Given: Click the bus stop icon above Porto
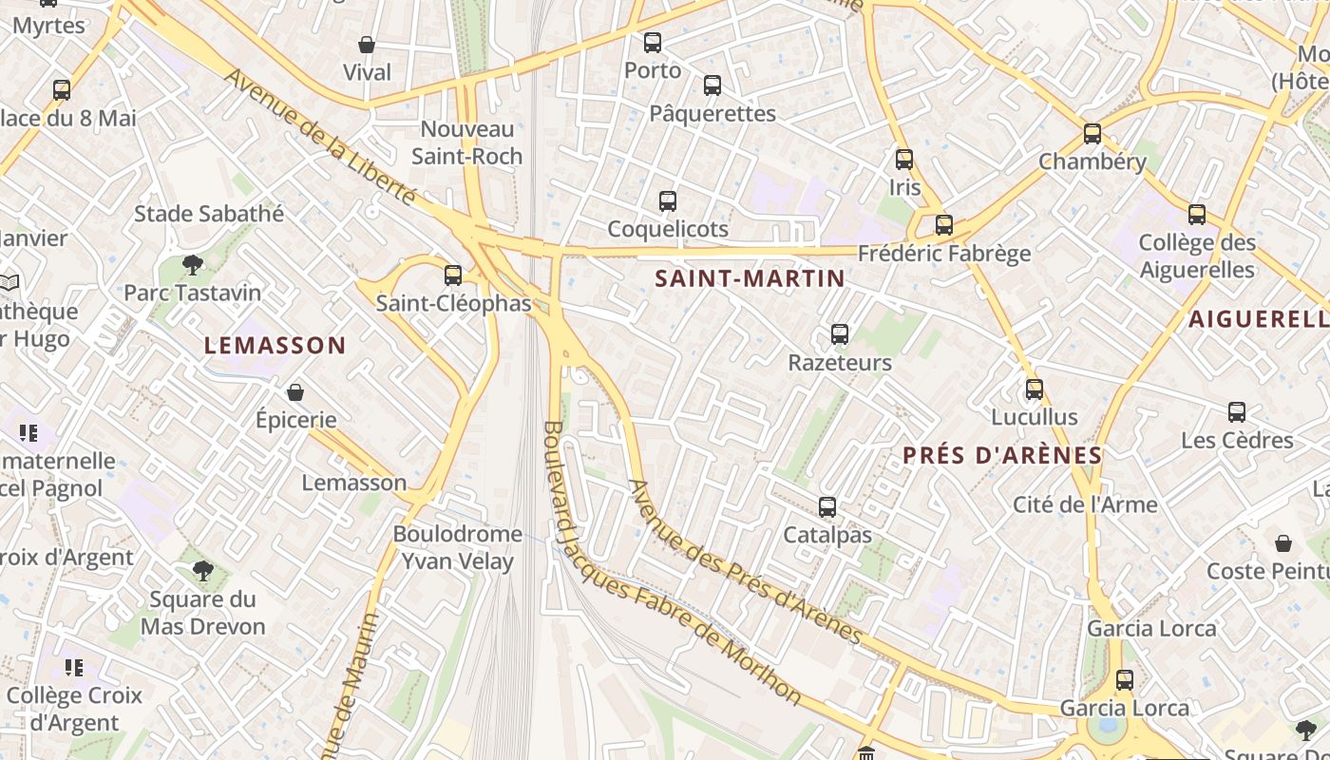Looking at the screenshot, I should point(652,43).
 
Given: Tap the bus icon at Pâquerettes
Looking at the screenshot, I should point(712,85).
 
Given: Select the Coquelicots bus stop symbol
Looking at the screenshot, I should point(668,201).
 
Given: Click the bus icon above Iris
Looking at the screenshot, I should point(904,160).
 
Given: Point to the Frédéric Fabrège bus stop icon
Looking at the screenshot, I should point(943,225).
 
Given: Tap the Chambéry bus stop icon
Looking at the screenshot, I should point(1092,134).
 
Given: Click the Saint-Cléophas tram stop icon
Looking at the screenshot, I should point(453,275).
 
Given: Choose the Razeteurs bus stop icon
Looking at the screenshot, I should point(840,334).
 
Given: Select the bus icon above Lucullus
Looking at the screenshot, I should point(1035,389).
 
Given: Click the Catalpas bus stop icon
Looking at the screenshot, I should point(827,507).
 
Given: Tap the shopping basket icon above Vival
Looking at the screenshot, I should point(367,45).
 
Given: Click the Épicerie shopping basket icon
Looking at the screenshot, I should point(295,392).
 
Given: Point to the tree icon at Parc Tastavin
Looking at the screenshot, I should point(193,264).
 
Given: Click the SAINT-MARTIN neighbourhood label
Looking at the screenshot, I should point(750,278).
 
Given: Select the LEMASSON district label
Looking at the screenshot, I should point(275,346).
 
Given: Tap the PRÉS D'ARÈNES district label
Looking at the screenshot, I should point(1002,456).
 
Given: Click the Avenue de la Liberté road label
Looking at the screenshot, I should point(320,136).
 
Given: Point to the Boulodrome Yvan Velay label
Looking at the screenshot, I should point(457,547).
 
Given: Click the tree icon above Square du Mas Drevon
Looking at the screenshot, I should point(202,570).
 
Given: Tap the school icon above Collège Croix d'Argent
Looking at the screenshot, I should point(74,668).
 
